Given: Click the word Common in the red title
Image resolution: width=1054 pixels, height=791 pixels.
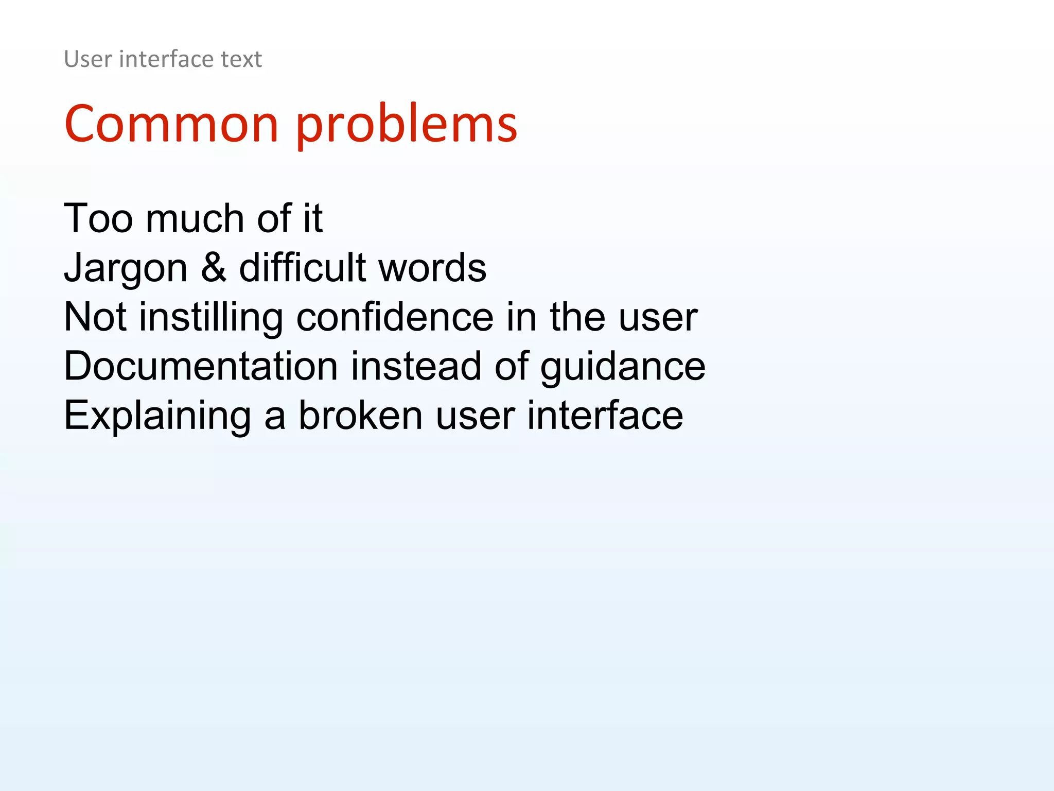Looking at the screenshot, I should [x=171, y=124].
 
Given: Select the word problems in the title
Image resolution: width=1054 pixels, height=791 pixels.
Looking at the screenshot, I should [x=406, y=125].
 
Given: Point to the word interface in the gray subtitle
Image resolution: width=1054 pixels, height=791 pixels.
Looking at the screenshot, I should [x=166, y=59].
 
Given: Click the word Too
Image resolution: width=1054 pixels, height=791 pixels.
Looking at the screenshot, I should [x=98, y=218].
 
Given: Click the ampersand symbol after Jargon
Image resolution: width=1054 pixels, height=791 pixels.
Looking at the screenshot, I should [x=213, y=268].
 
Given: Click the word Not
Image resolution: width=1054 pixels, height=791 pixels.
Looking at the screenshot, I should [x=95, y=317].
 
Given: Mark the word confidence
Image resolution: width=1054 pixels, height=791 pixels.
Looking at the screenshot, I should [x=395, y=317].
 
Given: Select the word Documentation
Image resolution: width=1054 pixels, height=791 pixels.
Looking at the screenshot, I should [x=201, y=366].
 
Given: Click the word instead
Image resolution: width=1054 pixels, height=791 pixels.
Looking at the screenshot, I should [x=416, y=366].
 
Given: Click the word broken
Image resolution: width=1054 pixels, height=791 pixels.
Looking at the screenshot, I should [x=360, y=416].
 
